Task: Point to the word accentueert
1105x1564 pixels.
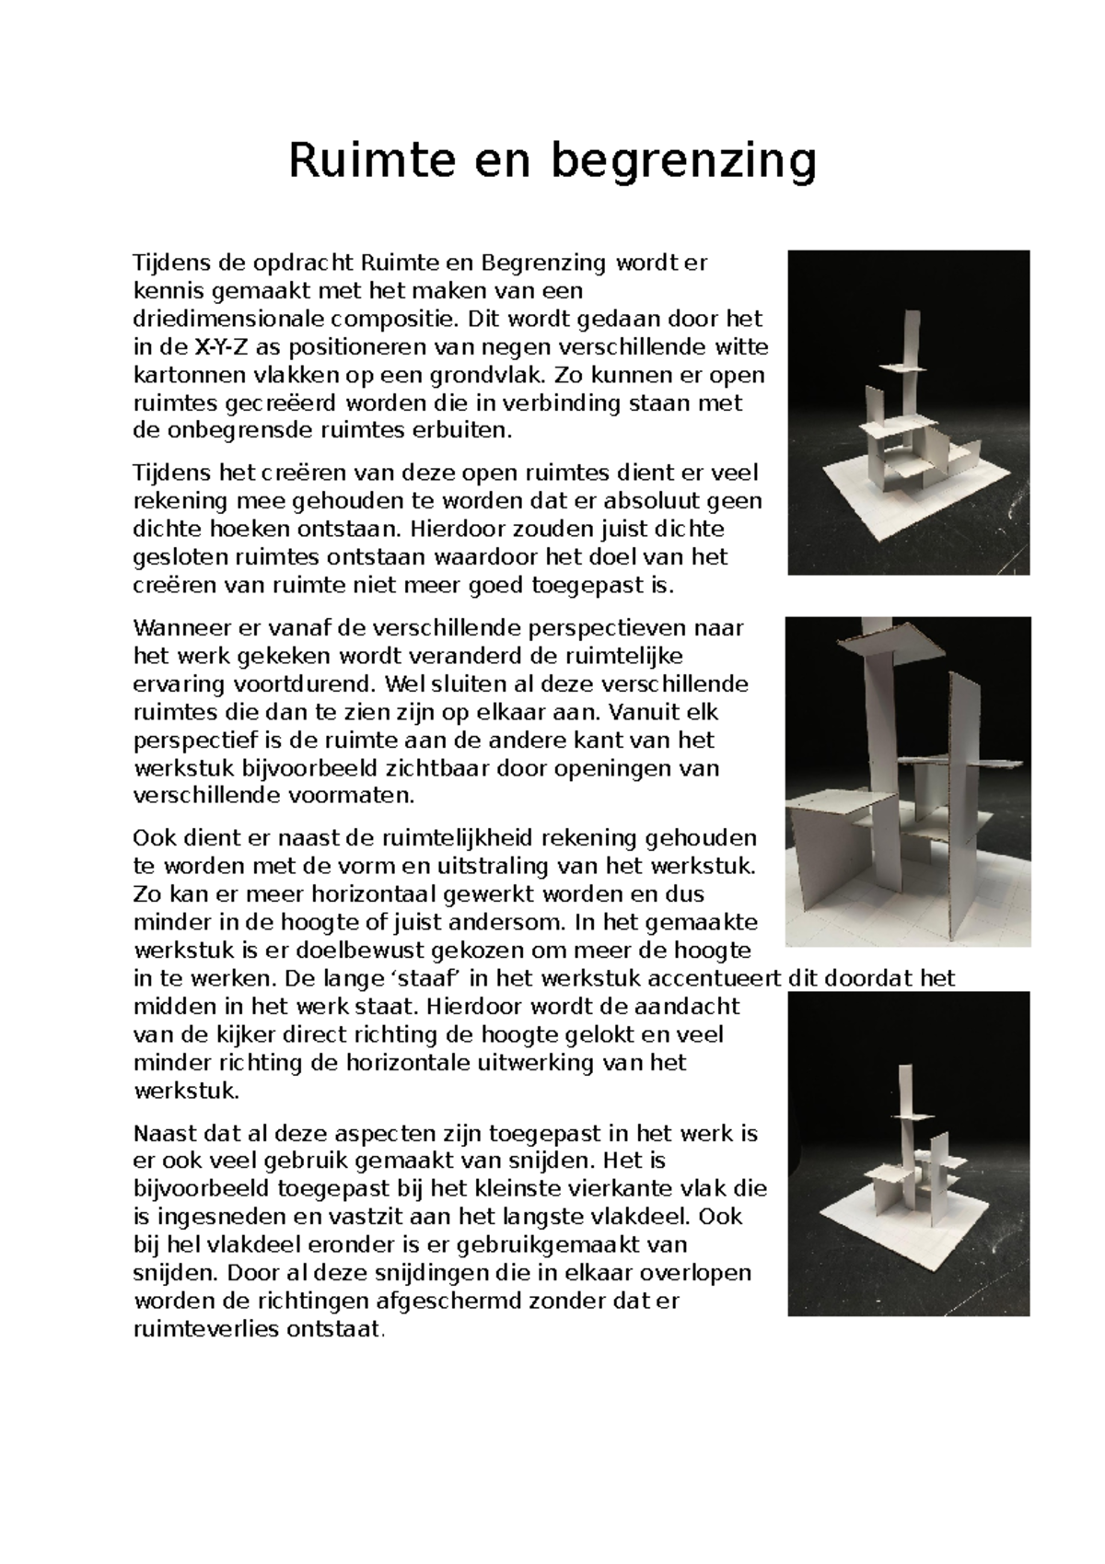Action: [719, 977]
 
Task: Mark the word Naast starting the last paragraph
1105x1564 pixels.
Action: [162, 1133]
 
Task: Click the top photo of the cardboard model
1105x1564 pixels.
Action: [908, 412]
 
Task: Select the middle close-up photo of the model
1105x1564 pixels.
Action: [908, 781]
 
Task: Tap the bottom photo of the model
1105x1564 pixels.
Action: [908, 1153]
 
